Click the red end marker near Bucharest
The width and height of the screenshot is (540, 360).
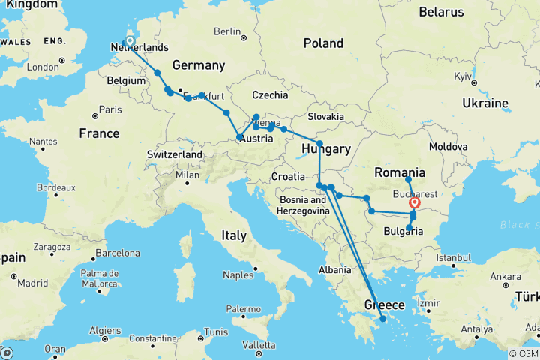(x=415, y=202)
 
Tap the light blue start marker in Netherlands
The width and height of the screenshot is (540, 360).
(x=130, y=42)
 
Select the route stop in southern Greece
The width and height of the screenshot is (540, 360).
(x=382, y=319)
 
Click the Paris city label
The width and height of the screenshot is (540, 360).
(x=109, y=109)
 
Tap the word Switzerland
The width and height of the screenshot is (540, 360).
(x=176, y=154)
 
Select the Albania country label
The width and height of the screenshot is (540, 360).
(x=334, y=269)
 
